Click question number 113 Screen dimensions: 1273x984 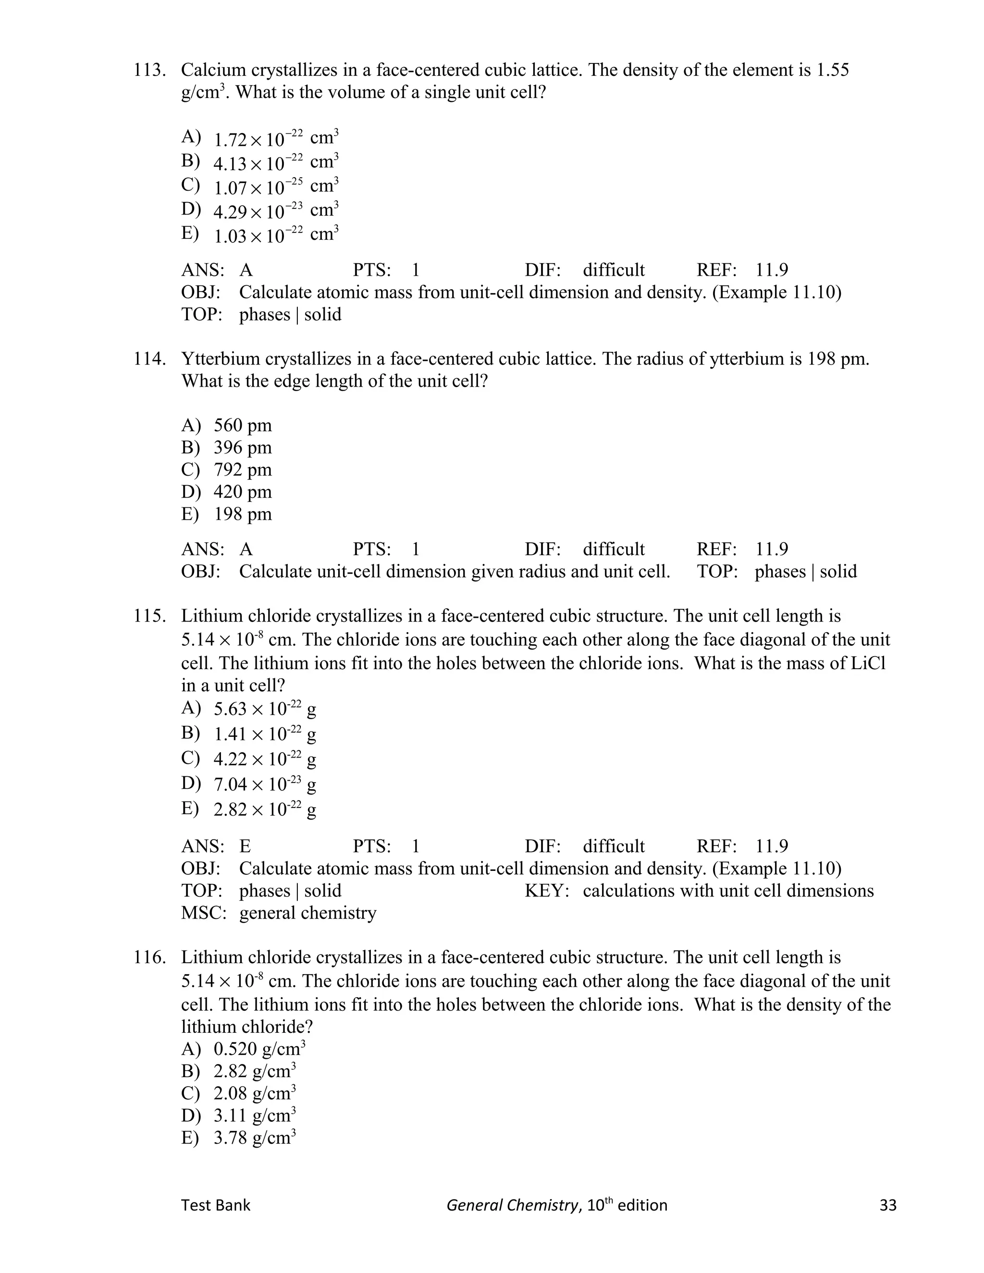(149, 71)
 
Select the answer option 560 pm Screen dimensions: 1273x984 (243, 426)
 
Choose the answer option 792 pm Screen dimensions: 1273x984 (243, 470)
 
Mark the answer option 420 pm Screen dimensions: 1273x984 (243, 492)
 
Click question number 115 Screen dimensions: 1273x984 (149, 616)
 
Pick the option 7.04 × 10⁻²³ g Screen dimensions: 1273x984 (265, 784)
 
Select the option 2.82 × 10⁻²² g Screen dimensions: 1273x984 (265, 809)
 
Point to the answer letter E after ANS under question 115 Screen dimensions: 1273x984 (245, 846)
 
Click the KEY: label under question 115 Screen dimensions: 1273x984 (546, 891)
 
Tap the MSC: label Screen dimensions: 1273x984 (203, 913)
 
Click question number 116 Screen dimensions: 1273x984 (149, 958)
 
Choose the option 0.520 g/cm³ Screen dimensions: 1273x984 (259, 1049)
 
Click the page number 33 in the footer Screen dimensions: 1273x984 (887, 1205)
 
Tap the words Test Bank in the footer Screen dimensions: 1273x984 (216, 1205)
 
